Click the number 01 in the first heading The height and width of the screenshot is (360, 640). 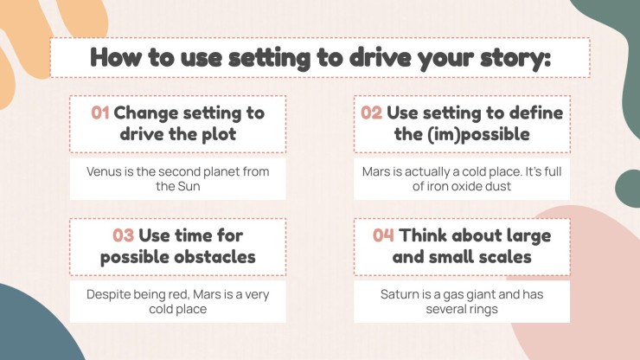coord(100,112)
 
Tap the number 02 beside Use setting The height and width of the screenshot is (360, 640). coord(371,112)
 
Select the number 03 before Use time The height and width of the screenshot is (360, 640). coord(124,235)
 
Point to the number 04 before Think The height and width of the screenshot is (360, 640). coord(383,235)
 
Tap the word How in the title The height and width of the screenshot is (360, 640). coord(115,57)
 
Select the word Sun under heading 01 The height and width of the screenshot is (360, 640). coord(189,186)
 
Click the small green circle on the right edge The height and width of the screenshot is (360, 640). coord(629,189)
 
